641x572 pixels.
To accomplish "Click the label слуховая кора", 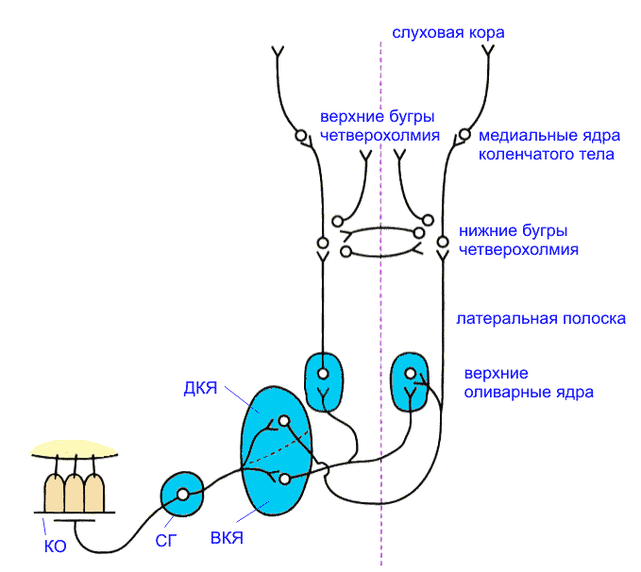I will [448, 33].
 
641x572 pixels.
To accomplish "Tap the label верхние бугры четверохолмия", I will [378, 126].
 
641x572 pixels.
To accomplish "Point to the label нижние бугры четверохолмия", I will [518, 241].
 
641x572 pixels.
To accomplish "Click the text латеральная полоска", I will [541, 319].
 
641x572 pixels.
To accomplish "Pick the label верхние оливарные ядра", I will [529, 381].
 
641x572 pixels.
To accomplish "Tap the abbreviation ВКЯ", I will [228, 538].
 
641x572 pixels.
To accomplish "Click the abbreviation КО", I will [56, 545].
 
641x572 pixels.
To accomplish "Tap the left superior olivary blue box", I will [323, 380].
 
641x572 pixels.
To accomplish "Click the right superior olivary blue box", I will [411, 380].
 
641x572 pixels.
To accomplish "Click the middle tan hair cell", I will [75, 493].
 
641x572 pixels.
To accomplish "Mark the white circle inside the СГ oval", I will [183, 494].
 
